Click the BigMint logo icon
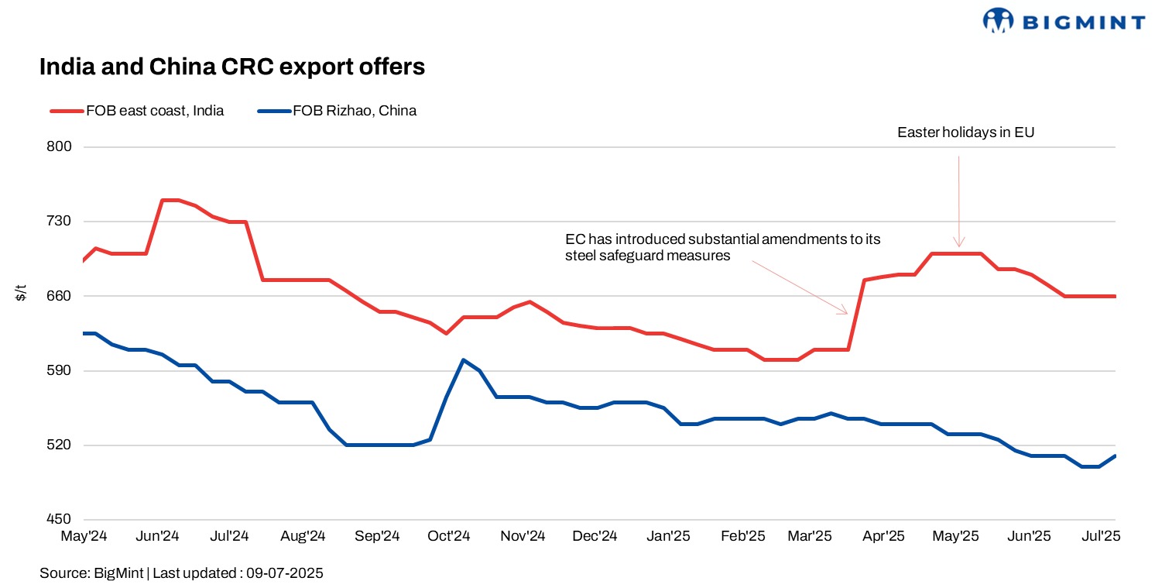click(x=998, y=20)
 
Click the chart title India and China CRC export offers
click(x=232, y=67)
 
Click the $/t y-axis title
click(x=21, y=294)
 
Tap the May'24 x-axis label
click(x=84, y=536)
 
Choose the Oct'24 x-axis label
click(x=450, y=536)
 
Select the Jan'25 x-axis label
click(x=669, y=536)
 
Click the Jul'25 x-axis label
click(x=1100, y=536)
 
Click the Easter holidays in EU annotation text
click(x=965, y=132)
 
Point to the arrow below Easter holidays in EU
click(x=959, y=201)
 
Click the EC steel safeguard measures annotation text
click(x=722, y=247)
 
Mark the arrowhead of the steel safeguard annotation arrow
click(x=846, y=312)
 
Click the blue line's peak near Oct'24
click(x=463, y=360)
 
